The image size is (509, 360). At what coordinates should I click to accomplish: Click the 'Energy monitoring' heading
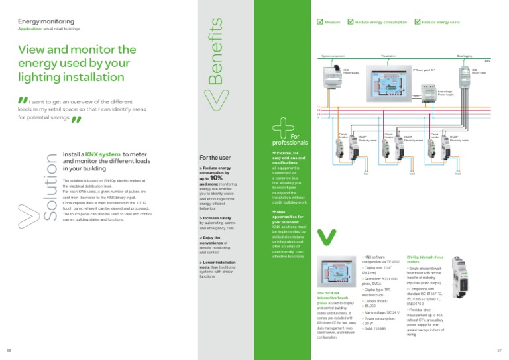click(x=45, y=21)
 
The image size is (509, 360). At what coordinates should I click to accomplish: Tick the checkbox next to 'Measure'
click(x=319, y=22)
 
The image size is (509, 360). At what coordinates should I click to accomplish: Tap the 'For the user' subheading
click(x=215, y=158)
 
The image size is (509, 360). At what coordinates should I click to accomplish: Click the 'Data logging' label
click(x=465, y=58)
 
